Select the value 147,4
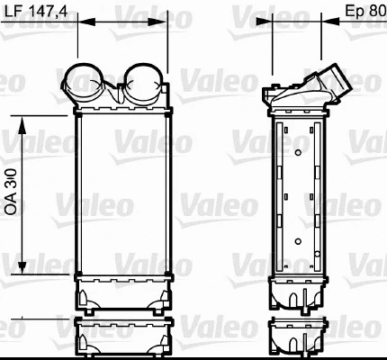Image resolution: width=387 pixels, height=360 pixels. click(x=50, y=12)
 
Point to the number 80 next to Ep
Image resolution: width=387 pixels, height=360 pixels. click(x=377, y=12)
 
